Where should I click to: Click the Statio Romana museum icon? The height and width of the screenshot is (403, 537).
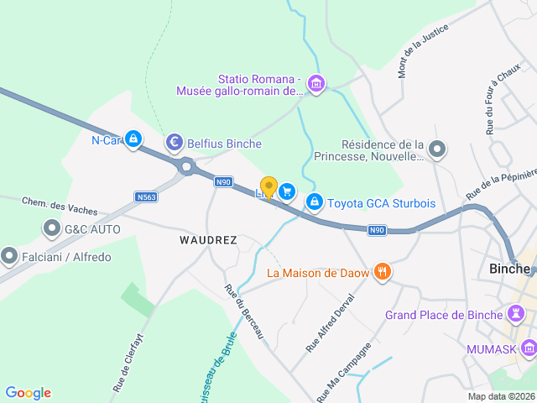(316, 83)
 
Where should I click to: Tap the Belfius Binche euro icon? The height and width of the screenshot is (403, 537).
(175, 143)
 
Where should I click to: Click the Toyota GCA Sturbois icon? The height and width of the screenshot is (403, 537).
(315, 202)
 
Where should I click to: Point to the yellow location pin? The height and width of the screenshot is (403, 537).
(268, 186)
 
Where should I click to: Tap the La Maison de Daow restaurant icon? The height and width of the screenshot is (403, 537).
(382, 271)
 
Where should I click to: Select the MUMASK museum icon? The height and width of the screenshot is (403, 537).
(528, 348)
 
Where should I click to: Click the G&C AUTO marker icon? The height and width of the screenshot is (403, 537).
(50, 229)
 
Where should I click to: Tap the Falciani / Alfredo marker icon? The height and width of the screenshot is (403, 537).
(10, 255)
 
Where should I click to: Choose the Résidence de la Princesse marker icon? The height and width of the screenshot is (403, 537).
(436, 150)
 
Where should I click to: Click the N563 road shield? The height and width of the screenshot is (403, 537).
(145, 196)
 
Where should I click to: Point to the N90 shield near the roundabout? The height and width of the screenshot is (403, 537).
(222, 181)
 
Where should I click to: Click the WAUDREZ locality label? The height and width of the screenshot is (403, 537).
(208, 240)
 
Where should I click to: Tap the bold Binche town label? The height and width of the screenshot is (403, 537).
(509, 269)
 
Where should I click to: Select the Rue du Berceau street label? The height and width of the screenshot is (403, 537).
(244, 312)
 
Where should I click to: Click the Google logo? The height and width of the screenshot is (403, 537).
(29, 392)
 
